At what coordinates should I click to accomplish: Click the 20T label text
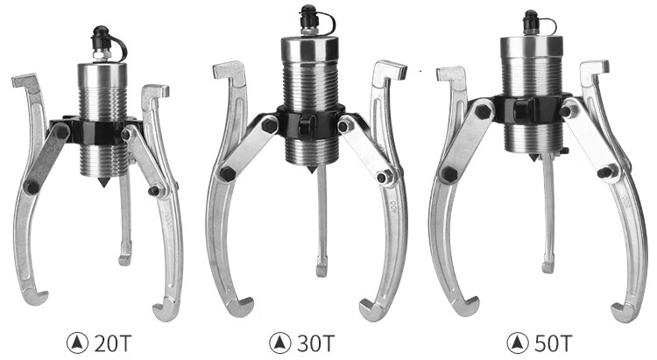[113, 343]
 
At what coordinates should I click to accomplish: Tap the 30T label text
[316, 343]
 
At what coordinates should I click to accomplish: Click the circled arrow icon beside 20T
[77, 343]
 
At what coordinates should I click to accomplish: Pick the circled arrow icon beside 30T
[280, 343]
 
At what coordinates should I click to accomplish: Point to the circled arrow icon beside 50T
[518, 343]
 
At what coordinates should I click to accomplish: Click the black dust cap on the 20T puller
[101, 37]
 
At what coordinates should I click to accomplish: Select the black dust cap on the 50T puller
[532, 19]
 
